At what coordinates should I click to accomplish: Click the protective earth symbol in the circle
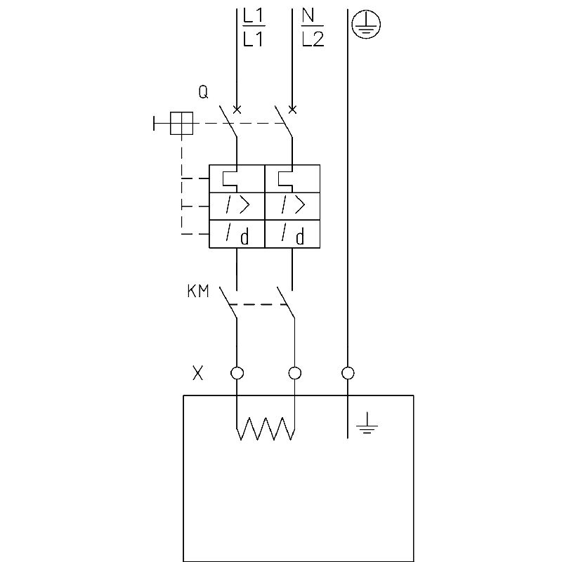(366, 25)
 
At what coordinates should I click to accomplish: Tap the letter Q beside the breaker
(203, 92)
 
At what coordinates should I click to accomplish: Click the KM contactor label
(198, 292)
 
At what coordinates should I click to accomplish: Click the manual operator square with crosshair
(182, 124)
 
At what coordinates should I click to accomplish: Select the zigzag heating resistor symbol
(265, 428)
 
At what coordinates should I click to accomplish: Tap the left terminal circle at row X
(237, 373)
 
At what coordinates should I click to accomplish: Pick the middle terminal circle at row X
(295, 373)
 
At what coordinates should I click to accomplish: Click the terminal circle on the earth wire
(348, 373)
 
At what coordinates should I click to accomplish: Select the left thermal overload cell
(237, 178)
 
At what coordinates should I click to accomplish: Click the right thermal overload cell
(292, 178)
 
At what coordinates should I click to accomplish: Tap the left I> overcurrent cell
(237, 206)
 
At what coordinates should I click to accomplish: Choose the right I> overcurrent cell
(292, 206)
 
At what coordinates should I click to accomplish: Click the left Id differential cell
(237, 234)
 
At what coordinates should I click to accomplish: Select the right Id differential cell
(292, 234)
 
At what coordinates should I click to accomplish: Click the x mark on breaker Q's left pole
(237, 109)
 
